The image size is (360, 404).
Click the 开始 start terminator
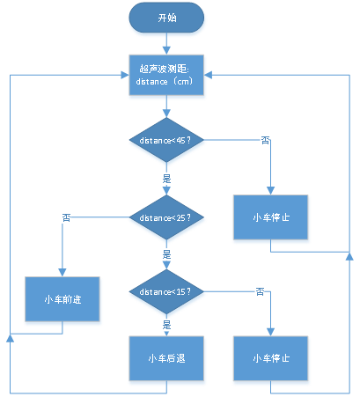[166, 18]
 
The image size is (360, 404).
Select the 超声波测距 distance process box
[166, 75]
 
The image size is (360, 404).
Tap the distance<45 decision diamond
[166, 140]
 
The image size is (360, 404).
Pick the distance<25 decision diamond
[166, 217]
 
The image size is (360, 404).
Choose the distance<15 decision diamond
[166, 291]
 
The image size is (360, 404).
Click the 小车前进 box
[62, 299]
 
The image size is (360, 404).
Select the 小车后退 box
[166, 358]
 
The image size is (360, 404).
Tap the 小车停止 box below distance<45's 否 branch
[270, 217]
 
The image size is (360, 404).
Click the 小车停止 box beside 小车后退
[270, 358]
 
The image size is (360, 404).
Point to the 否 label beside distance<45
[265, 141]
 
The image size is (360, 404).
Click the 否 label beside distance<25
[66, 217]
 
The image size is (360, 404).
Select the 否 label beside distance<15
[260, 292]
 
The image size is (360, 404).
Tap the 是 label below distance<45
[166, 179]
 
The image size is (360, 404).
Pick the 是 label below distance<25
[166, 254]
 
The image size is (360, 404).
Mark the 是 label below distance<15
[166, 325]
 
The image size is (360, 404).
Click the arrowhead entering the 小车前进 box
[62, 273]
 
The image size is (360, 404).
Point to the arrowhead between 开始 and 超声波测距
[166, 50]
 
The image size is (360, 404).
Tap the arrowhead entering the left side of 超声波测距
[125, 75]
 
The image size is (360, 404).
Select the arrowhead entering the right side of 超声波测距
[208, 75]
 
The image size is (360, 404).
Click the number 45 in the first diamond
[180, 141]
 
